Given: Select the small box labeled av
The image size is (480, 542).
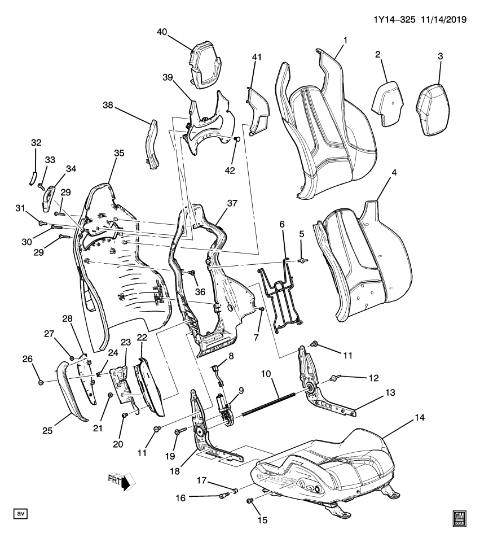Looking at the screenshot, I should pos(21,513).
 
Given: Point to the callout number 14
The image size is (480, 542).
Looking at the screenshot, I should pos(419,417).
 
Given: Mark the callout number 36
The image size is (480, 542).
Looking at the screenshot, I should pos(200,291).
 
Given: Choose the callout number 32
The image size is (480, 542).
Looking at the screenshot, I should pos(35,143).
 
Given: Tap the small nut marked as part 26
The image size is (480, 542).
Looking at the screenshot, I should pos(41,383).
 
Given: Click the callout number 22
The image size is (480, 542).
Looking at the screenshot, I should pos(142,337).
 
